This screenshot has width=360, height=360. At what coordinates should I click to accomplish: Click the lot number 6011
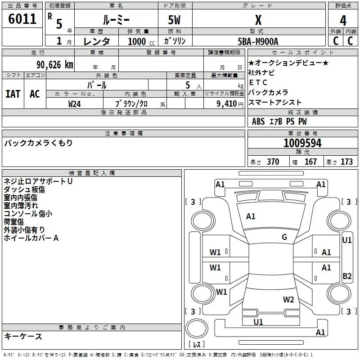click(22, 19)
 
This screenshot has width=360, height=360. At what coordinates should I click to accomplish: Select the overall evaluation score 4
click(343, 21)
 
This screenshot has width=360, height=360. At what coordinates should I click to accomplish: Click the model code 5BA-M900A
click(258, 41)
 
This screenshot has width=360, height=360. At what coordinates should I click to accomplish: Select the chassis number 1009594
click(302, 143)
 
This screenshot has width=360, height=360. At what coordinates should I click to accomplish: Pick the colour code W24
click(75, 104)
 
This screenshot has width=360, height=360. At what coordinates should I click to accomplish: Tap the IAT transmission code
click(13, 94)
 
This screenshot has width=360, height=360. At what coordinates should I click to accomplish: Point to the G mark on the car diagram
click(284, 237)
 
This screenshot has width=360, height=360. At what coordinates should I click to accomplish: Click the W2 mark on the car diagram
click(288, 299)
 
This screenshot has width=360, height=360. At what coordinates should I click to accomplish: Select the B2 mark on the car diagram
click(347, 276)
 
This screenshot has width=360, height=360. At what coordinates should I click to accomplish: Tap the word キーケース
click(23, 336)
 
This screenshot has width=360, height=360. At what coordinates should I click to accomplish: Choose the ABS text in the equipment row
click(258, 121)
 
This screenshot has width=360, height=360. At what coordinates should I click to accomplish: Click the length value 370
click(273, 162)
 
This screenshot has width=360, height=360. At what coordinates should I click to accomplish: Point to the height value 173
click(346, 162)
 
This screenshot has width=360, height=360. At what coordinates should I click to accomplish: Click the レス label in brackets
click(197, 345)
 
